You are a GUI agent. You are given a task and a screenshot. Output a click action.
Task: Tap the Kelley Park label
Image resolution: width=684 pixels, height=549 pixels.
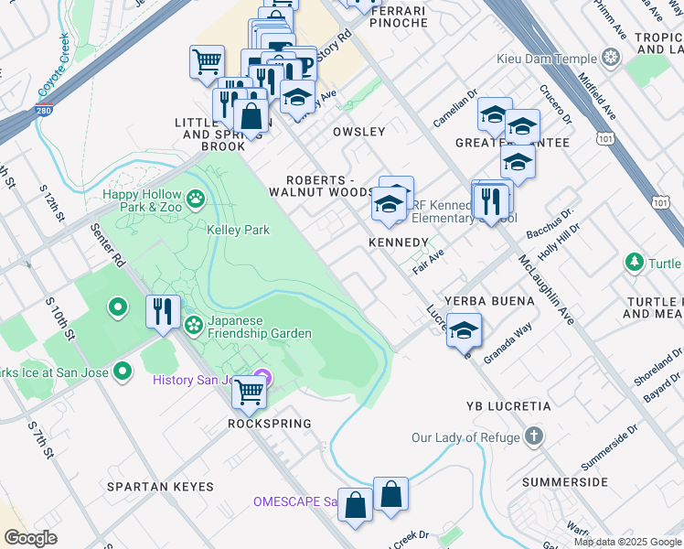click(x=238, y=230)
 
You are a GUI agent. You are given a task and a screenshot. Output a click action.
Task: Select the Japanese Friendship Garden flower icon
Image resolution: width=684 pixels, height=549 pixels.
click(x=194, y=325)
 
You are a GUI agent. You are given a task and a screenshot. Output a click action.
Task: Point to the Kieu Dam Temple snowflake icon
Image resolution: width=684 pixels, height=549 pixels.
click(x=610, y=59)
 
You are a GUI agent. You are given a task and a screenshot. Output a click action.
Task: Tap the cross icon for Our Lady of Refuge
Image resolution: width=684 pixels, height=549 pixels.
click(x=536, y=437)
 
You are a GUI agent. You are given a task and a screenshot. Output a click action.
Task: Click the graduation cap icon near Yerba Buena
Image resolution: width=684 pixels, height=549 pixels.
click(x=465, y=329)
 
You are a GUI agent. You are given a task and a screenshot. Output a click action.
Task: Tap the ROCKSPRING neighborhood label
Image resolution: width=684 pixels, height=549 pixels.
click(x=271, y=424)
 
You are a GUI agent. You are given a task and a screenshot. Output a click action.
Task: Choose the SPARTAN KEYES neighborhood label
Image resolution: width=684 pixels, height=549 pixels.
click(x=160, y=487)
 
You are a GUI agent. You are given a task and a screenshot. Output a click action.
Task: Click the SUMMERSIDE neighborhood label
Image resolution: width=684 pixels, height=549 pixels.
click(x=565, y=481)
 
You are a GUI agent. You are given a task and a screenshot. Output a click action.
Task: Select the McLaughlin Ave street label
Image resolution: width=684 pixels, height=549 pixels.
click(x=546, y=290)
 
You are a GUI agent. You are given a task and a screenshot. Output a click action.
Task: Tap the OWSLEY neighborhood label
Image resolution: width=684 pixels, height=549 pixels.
click(x=358, y=132)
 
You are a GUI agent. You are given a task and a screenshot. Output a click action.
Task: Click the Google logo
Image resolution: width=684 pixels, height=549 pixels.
click(x=31, y=538)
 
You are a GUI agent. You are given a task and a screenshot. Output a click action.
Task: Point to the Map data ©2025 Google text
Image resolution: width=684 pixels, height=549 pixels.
click(x=627, y=542)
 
